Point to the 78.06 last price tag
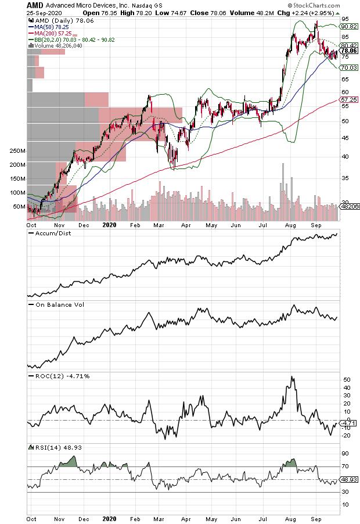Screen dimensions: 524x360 pos(348,51)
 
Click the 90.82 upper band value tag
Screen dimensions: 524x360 pos(348,26)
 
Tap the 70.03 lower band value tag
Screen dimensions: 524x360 pos(348,68)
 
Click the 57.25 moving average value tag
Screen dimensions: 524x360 pos(348,100)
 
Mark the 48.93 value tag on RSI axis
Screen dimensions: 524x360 pos(348,480)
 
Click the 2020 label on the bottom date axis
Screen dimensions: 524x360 pos(110,515)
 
